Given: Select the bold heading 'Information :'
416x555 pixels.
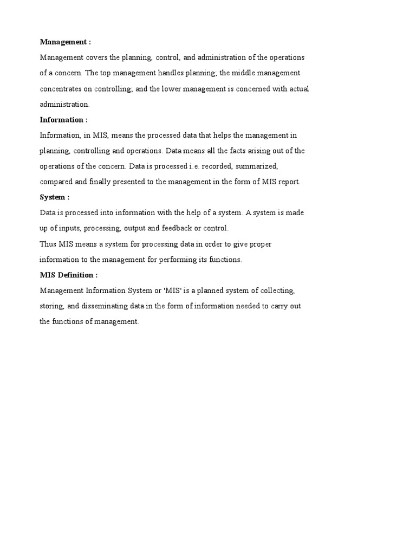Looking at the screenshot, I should coord(63,120).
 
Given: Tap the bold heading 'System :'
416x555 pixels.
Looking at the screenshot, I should coord(55,197).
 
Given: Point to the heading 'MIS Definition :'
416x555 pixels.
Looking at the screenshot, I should coord(69,275).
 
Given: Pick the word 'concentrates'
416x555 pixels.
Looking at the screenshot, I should coord(60,89).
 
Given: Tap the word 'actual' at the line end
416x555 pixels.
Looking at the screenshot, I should coord(297,89).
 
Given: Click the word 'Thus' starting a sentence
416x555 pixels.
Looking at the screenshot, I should coord(48,244).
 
